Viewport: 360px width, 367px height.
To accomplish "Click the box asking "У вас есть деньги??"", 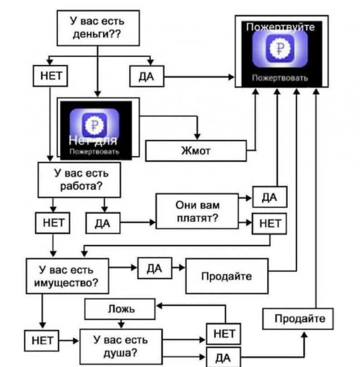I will coord(97,28).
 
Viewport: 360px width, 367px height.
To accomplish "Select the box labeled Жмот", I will coord(196,151).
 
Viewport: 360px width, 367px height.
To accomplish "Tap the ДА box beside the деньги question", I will coord(146,77).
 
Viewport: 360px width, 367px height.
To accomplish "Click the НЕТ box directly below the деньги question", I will coord(50,76).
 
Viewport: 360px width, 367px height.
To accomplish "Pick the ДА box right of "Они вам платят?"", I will coord(270,197).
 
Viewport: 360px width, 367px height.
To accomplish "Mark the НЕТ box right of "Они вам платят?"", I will coord(270,223).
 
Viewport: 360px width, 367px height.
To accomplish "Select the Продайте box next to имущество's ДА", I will coord(226,276).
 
